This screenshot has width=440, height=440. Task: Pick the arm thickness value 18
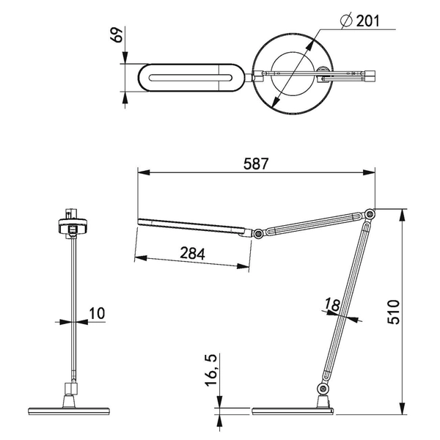pyautogui.click(x=331, y=303)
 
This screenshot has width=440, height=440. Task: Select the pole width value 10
pyautogui.click(x=96, y=313)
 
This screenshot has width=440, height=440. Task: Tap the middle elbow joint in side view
pyautogui.click(x=258, y=234)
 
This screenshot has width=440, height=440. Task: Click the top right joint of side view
pyautogui.click(x=370, y=214)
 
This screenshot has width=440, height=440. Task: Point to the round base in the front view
pyautogui.click(x=72, y=410)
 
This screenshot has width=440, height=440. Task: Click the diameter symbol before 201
pyautogui.click(x=346, y=21)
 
